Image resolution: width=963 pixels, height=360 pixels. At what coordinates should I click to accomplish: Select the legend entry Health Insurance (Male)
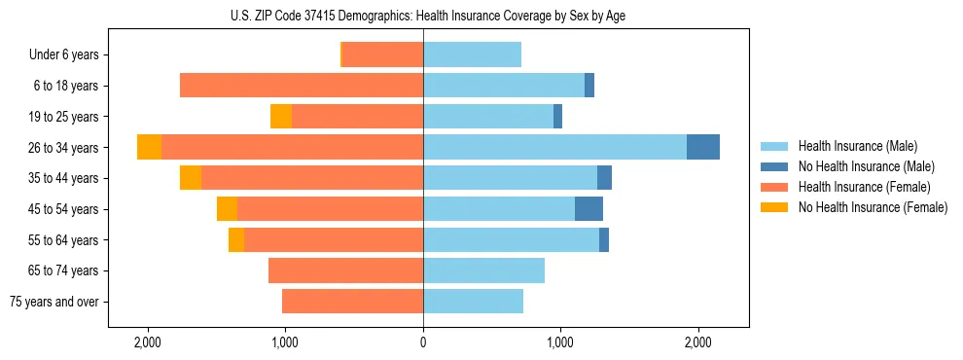tap(857, 146)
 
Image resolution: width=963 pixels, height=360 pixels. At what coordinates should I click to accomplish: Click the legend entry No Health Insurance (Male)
tap(866, 166)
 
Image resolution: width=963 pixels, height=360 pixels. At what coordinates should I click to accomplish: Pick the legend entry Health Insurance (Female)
tap(865, 187)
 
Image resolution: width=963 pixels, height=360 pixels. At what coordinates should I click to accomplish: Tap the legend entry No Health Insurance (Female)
tap(873, 207)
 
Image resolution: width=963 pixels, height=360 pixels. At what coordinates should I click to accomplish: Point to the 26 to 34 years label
tap(66, 148)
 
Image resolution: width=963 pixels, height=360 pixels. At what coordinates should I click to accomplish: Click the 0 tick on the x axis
tap(423, 342)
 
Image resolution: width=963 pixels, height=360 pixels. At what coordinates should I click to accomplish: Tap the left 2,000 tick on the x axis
tap(148, 342)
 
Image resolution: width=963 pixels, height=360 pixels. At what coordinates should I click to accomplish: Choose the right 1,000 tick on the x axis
tap(560, 342)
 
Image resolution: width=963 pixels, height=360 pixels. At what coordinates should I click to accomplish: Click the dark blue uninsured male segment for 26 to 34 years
tap(703, 147)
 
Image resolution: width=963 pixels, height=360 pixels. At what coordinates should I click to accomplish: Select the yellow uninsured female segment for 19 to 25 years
tap(281, 117)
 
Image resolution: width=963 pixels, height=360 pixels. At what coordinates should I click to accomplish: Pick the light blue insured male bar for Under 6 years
tap(472, 55)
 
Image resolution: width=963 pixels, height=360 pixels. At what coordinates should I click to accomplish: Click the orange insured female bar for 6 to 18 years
tap(302, 86)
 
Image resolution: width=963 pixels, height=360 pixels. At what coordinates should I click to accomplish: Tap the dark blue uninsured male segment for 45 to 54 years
tap(588, 209)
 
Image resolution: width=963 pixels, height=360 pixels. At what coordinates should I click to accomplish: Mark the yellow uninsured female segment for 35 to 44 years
tap(191, 178)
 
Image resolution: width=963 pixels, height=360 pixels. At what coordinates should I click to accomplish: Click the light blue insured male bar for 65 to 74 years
tap(483, 270)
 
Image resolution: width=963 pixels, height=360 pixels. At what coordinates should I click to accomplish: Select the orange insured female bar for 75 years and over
tap(352, 302)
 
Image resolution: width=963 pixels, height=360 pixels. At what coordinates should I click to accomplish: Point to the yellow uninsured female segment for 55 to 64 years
tap(236, 240)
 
